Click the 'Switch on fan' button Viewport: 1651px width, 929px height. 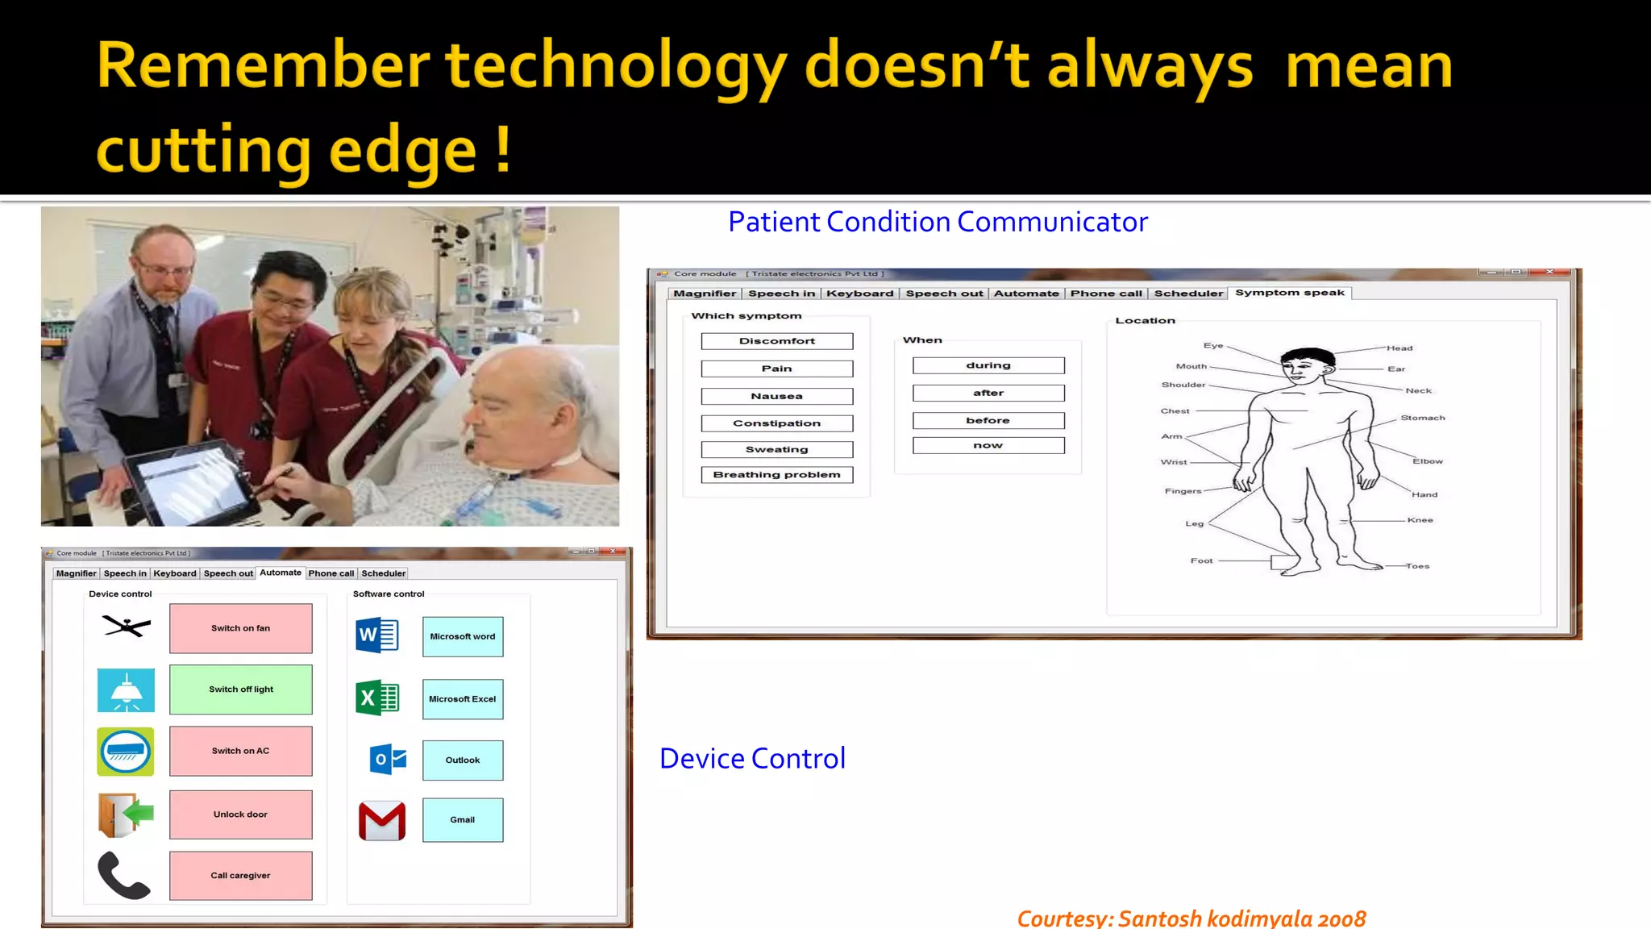[x=240, y=628]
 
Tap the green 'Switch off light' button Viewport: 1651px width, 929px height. [x=240, y=689]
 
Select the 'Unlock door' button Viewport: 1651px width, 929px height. [x=240, y=814]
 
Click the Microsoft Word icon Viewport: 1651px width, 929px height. [x=377, y=635]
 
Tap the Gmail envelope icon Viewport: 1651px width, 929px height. [x=382, y=821]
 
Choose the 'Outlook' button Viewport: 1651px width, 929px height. [x=463, y=760]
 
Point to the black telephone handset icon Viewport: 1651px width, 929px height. [x=123, y=875]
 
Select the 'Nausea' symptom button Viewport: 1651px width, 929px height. [x=776, y=396]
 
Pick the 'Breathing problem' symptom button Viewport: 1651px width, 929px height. [x=776, y=475]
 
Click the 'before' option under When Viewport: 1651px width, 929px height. [x=988, y=421]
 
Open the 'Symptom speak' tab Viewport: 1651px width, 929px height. [x=1289, y=293]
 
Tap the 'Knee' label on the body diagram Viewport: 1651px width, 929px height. [x=1420, y=520]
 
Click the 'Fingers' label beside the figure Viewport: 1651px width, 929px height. [x=1183, y=491]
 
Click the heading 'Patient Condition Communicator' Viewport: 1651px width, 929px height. [x=938, y=222]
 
